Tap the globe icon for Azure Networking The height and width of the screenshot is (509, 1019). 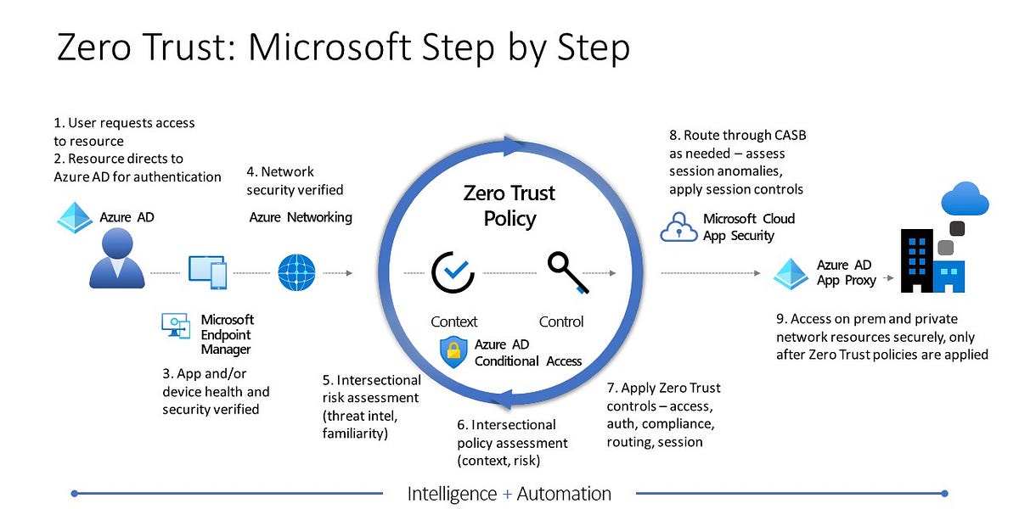tap(297, 273)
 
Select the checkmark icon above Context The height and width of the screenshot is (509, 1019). tap(453, 272)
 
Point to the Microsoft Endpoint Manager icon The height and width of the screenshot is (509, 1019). tap(176, 327)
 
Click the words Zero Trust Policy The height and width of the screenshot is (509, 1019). tap(509, 205)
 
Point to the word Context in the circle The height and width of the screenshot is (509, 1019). tap(453, 322)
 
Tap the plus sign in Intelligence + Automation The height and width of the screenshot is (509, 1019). tap(508, 494)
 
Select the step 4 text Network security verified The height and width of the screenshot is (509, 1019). tap(295, 181)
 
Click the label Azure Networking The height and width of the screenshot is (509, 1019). tap(300, 217)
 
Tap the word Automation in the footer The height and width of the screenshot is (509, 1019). tap(564, 494)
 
